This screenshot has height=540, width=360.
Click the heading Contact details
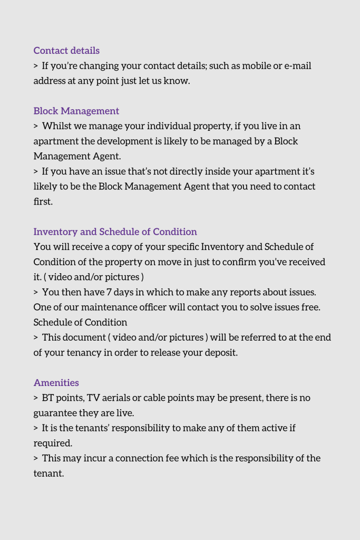(x=66, y=51)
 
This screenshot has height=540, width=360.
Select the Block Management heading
(x=76, y=111)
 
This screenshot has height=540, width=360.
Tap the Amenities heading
(x=56, y=383)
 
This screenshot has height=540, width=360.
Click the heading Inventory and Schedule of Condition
(x=115, y=232)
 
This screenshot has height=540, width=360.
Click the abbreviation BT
(x=47, y=398)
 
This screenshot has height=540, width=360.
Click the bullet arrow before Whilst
(x=36, y=127)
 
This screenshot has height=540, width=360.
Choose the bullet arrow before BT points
(x=36, y=398)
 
